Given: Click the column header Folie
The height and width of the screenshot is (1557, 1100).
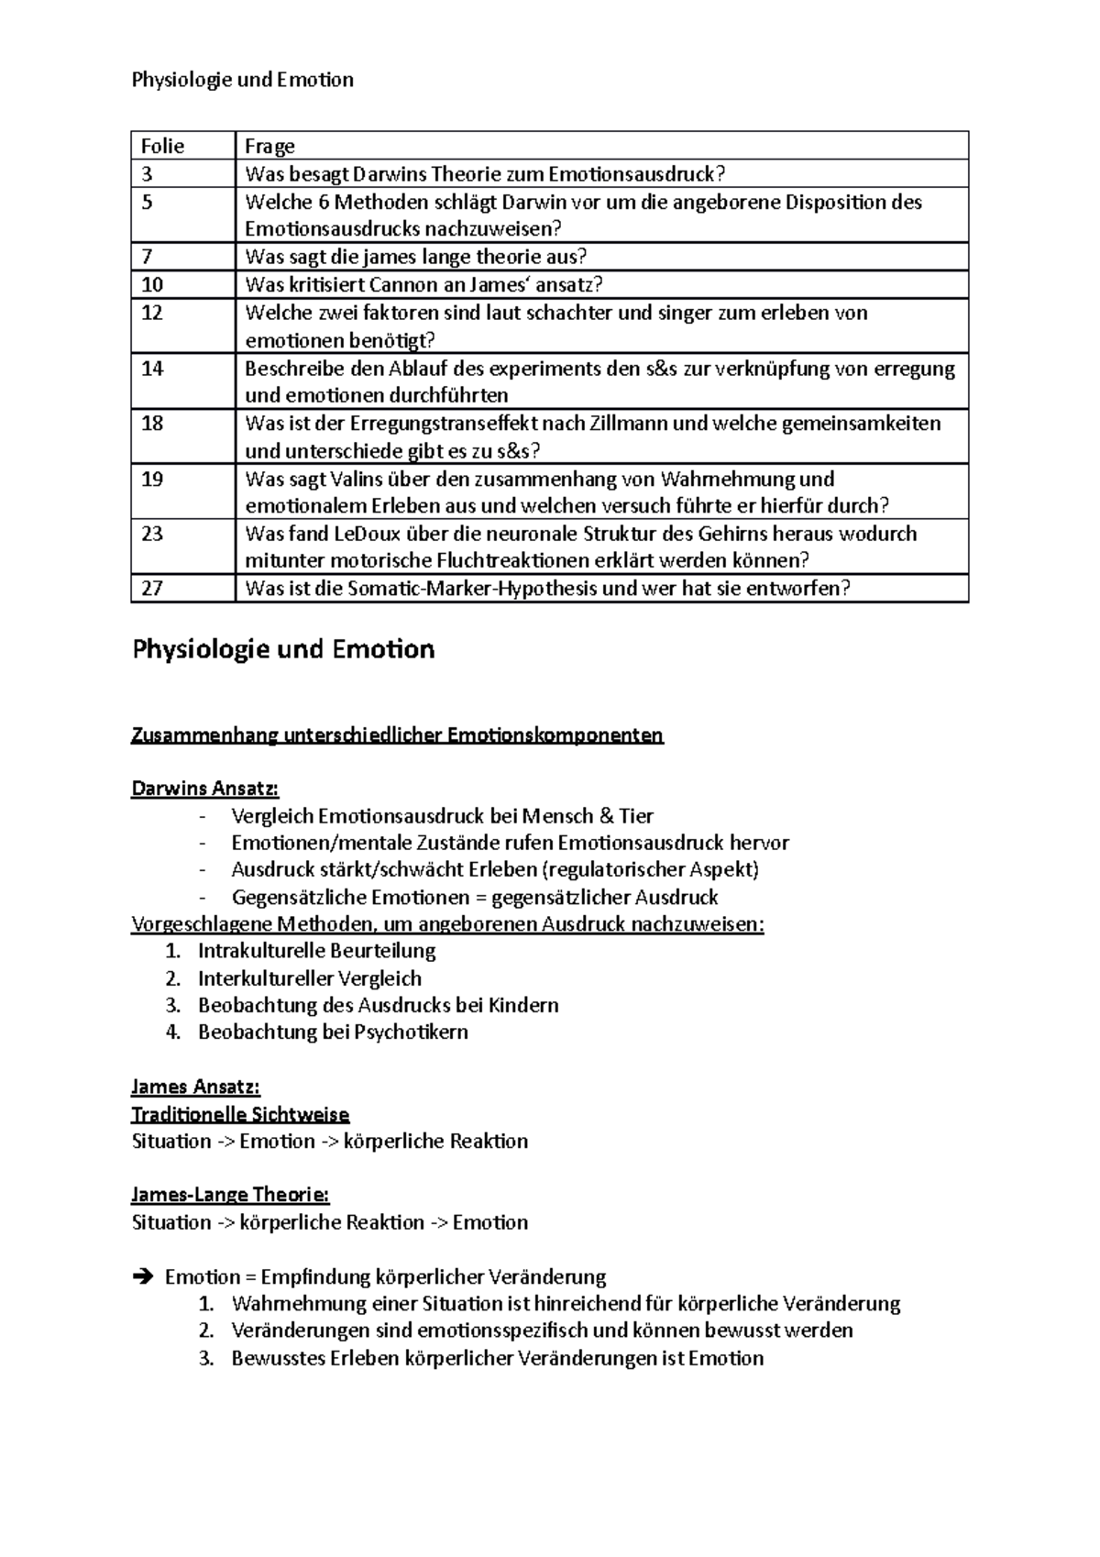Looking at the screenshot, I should [x=162, y=147].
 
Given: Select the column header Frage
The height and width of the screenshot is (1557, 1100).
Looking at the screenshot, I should [x=269, y=147].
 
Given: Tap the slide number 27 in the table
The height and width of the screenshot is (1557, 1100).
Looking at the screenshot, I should [x=152, y=589].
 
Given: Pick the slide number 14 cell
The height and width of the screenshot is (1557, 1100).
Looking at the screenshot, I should [x=152, y=369].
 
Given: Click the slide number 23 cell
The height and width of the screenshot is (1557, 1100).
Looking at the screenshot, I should [x=152, y=534].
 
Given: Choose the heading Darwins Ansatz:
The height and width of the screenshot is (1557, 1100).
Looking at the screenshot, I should [x=204, y=789].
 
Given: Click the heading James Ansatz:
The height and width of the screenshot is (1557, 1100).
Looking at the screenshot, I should [x=195, y=1088].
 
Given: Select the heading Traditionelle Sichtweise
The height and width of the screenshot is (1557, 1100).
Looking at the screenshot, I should [x=240, y=1115].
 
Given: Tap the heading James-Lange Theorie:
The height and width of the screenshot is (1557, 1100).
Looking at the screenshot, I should [x=230, y=1196].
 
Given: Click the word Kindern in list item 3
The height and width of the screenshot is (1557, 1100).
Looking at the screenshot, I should [x=523, y=1005].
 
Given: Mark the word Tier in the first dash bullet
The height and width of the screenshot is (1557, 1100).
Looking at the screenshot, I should [x=636, y=816].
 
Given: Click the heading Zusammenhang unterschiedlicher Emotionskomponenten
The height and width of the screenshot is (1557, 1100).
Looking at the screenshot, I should [x=397, y=735].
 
